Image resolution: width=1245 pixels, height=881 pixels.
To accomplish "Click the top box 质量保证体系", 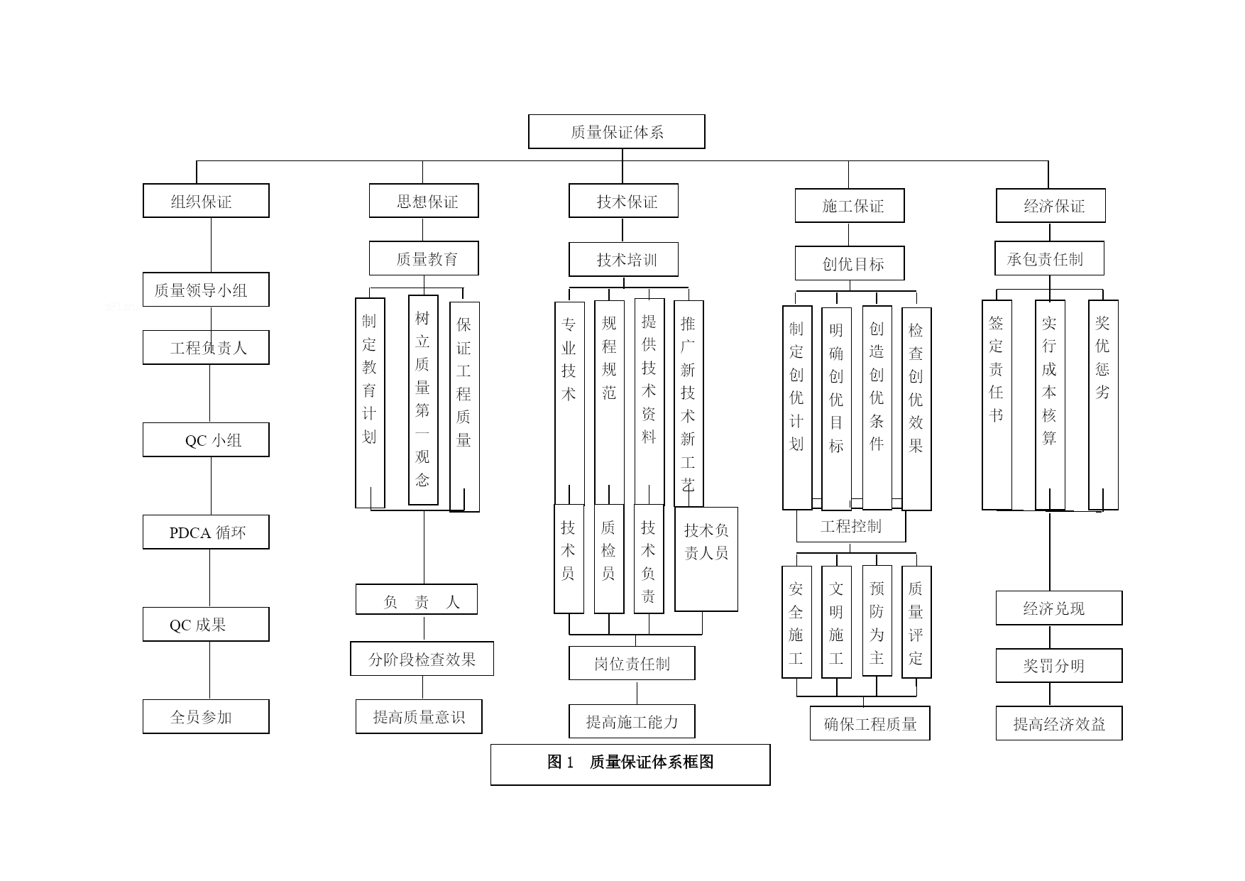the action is (616, 131).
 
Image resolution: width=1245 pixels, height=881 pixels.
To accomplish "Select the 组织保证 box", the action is (206, 201).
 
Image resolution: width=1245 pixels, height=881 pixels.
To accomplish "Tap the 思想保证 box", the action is (424, 201).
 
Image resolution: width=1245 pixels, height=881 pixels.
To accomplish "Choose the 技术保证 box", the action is (623, 201).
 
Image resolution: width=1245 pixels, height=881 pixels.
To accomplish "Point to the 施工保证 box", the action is (850, 206).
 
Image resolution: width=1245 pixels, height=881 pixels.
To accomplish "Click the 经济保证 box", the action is (1051, 206).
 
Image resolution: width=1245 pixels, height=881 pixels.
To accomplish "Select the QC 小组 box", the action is (206, 440).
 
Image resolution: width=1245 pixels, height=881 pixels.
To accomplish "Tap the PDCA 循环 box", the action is (206, 532).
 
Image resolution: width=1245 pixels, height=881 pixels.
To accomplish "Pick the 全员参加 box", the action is (206, 717).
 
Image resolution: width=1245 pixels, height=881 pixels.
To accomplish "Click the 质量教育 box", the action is (424, 258).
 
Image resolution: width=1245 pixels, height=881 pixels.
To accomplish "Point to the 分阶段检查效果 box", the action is (422, 659).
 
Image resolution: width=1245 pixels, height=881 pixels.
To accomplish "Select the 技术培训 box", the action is (623, 260).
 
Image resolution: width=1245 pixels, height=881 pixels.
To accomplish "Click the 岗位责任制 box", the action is (632, 663).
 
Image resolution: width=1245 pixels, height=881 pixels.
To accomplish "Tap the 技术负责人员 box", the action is (706, 559).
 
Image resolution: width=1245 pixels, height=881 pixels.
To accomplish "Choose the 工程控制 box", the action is (851, 526).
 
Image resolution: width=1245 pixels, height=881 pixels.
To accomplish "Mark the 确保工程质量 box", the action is (870, 723).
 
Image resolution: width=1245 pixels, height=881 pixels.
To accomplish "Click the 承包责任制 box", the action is (1049, 258).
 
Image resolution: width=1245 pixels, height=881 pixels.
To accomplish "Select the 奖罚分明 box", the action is (1059, 665).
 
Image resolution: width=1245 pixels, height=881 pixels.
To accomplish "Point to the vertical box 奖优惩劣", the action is (1103, 405).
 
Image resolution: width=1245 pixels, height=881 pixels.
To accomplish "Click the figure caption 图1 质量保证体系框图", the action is (630, 765).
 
